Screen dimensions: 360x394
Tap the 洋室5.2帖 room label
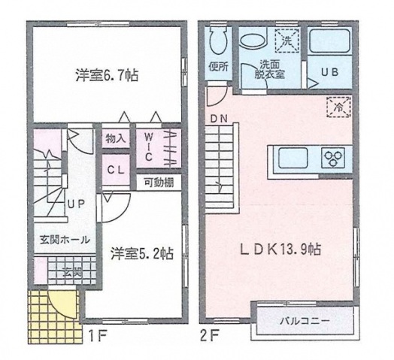point(143,254)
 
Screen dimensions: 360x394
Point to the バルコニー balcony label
point(306,321)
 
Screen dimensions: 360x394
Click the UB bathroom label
point(329,72)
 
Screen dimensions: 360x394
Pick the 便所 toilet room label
point(219,65)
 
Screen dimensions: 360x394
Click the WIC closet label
point(149,146)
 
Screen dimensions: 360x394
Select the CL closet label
point(116,170)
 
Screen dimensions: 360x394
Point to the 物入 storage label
point(116,138)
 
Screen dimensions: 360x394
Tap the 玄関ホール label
point(65,240)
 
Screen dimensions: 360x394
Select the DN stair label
point(219,118)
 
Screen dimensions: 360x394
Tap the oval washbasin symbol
point(253,38)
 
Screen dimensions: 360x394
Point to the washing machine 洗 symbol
point(286,36)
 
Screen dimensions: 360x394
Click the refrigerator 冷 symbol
point(337,107)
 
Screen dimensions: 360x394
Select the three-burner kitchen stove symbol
point(332,158)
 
